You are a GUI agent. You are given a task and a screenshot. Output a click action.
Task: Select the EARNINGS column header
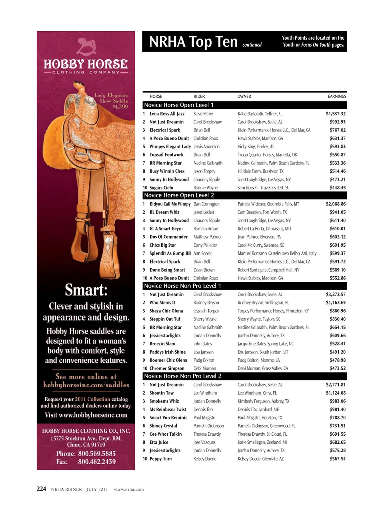coord(337,97)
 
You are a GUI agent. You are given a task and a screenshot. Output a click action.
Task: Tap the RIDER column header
coord(199,97)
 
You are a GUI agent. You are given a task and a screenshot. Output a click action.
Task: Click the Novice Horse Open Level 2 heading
coord(179,195)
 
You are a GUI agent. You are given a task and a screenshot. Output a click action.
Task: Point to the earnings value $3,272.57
coord(336,294)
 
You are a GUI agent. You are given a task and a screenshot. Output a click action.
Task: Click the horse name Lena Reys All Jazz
coord(167,114)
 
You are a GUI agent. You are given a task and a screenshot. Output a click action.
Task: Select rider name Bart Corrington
coord(206,204)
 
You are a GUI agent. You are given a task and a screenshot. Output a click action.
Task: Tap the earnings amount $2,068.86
coord(336,204)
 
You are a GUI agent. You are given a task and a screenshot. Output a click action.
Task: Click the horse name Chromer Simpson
coord(167,368)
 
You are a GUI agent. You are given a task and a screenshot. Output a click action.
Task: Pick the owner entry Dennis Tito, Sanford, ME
coord(258,409)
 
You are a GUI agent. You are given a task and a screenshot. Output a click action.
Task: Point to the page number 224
coord(41,489)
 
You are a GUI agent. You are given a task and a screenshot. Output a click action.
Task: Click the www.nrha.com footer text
coord(129,489)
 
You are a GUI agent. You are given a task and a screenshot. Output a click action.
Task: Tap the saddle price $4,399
coord(120,107)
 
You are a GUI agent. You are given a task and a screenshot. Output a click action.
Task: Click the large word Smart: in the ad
coord(86,290)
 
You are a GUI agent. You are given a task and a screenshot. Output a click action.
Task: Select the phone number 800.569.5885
coord(97,453)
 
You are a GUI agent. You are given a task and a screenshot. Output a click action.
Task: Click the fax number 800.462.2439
coord(97,462)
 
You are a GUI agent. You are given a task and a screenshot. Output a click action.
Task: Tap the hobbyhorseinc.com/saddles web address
coord(86,385)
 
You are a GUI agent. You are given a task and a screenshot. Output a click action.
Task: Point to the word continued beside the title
coord(252,45)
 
